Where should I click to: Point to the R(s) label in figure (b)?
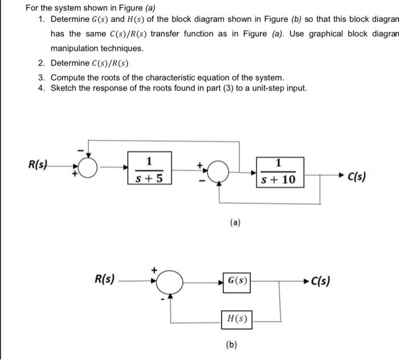[105, 279]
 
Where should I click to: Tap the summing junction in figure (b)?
[168, 281]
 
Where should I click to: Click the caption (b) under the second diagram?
[231, 344]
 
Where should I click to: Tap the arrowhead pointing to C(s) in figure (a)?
[344, 176]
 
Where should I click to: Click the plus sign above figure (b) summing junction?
[153, 267]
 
